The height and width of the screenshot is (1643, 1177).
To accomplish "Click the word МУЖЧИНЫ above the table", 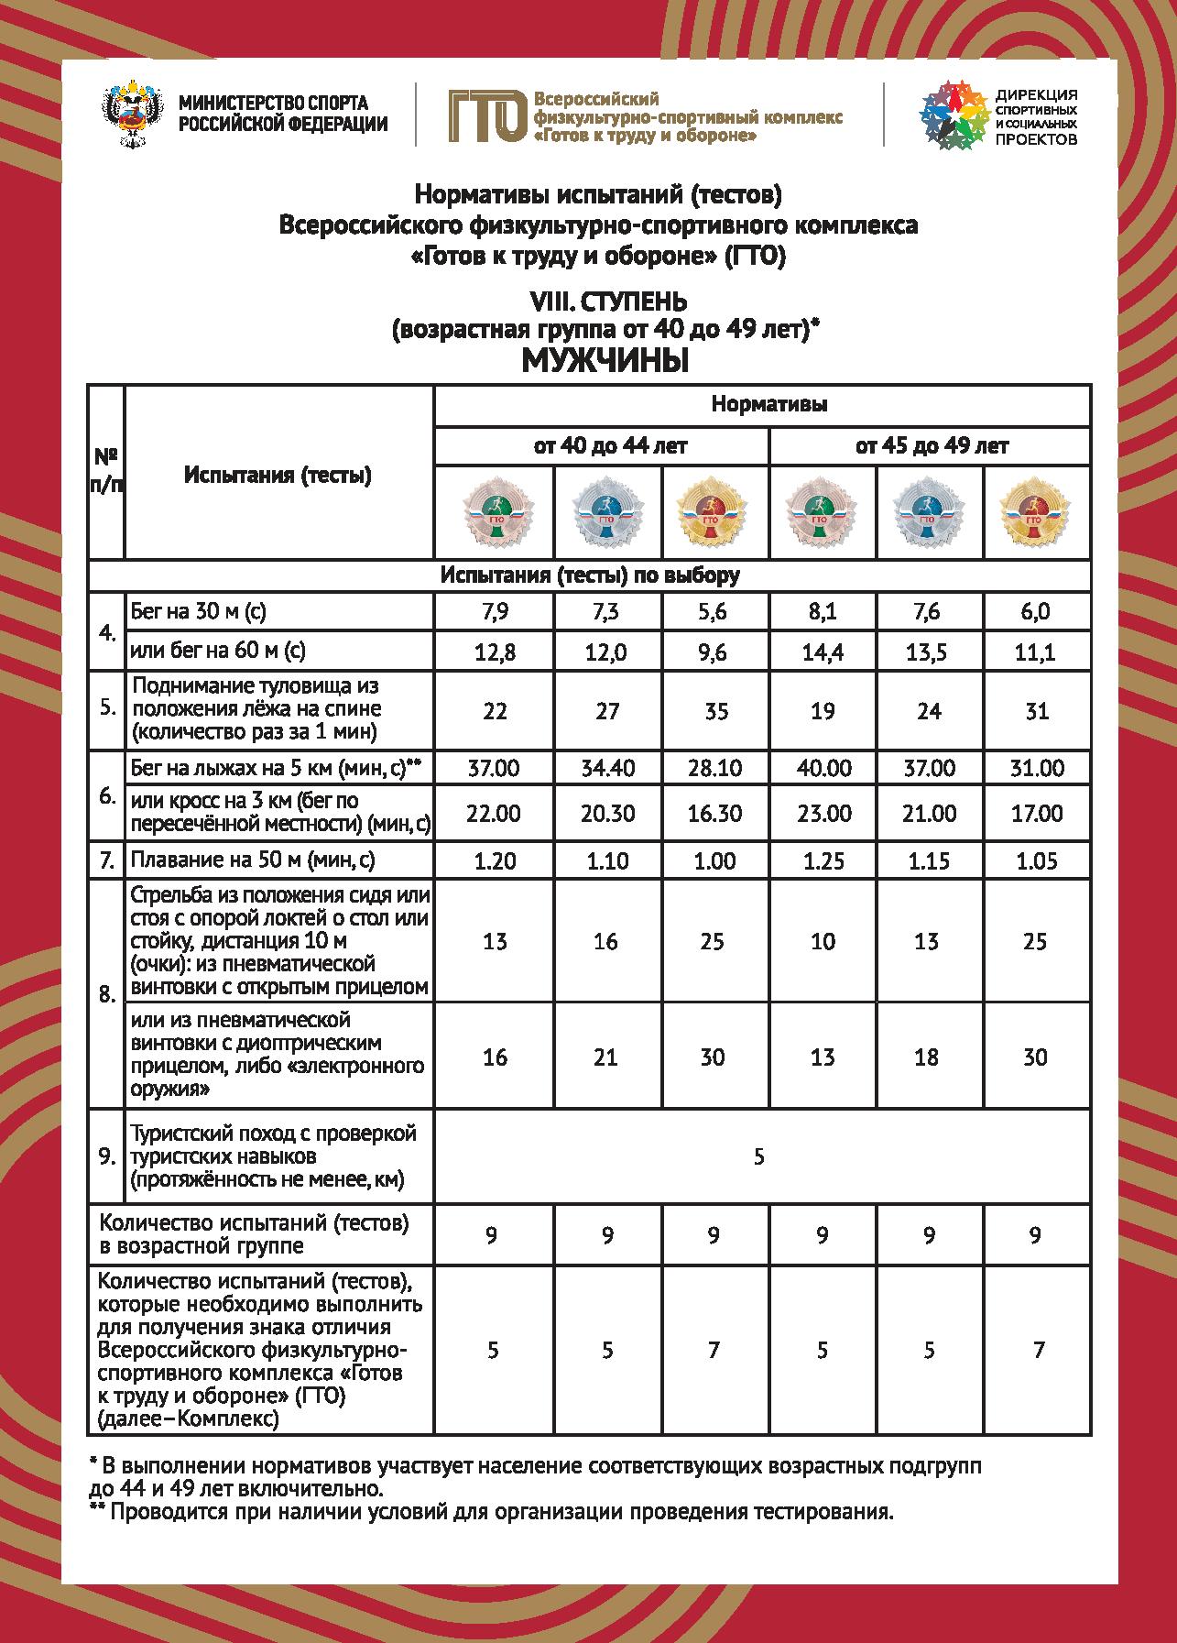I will point(604,361).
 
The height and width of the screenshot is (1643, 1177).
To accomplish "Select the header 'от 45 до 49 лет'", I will point(931,446).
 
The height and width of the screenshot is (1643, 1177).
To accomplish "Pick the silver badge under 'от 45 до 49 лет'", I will point(930,513).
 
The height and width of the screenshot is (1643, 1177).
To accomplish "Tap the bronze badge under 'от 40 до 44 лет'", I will point(496,513).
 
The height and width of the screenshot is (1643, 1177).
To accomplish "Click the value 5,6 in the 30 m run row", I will point(712,612).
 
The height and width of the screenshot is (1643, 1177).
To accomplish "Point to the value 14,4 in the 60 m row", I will point(823,652).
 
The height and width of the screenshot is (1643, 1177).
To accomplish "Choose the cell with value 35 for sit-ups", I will point(714,710).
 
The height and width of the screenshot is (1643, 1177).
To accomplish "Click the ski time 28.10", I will point(714,768).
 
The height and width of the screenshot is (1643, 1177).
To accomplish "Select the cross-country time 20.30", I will point(607,814).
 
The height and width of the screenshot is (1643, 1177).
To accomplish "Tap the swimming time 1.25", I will point(823,860).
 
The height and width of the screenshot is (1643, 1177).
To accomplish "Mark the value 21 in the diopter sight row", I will point(606,1057).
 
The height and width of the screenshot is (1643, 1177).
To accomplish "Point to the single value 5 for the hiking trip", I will point(759,1156).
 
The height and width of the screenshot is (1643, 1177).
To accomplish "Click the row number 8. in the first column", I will point(106,995).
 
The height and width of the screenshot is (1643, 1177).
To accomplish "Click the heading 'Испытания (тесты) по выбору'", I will point(589,575).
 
